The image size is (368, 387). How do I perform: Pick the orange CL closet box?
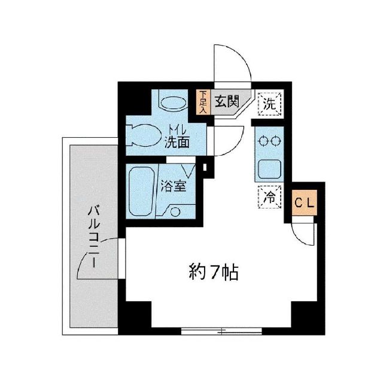(x=304, y=202)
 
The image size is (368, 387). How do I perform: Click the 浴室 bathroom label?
(x=173, y=186)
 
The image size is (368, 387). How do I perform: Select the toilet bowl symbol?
(x=139, y=134)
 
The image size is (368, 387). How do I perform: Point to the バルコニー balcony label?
(x=93, y=236)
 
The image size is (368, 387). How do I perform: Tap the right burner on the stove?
(x=276, y=141)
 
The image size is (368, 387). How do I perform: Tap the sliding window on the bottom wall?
(x=221, y=330)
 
